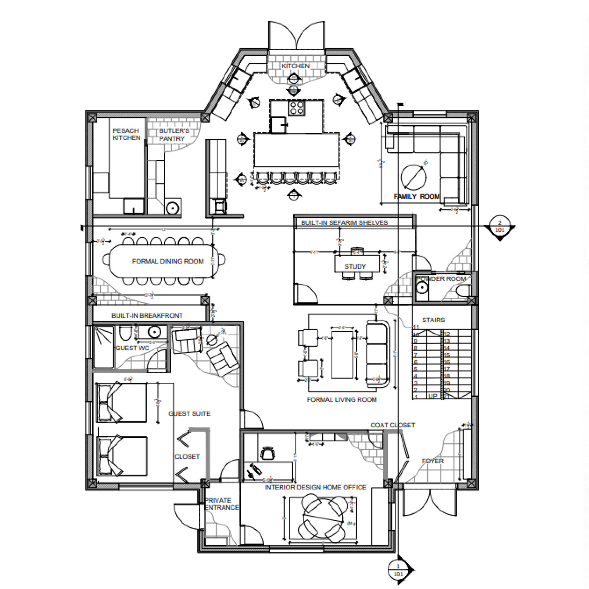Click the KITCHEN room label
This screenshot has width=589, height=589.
point(295,66)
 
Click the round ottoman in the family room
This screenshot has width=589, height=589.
point(413,177)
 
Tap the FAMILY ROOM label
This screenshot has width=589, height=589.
point(416,197)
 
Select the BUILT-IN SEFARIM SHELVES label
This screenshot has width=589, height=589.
point(344,223)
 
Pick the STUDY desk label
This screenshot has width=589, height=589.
point(355,266)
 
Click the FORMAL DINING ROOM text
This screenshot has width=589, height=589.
point(168,261)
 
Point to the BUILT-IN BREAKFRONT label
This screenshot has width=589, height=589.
point(147,316)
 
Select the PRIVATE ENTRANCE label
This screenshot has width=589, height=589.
point(222,504)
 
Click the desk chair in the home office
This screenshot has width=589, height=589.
point(268,452)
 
